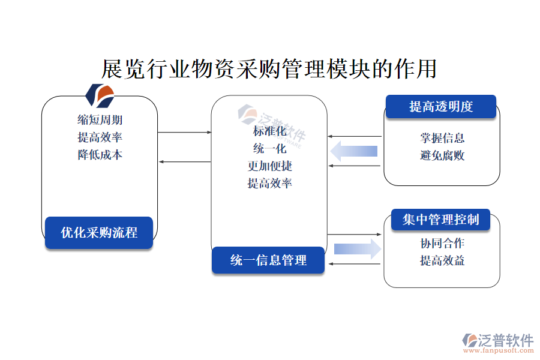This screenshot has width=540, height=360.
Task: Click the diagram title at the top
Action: (x=269, y=68)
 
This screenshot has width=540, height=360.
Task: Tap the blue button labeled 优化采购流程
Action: (x=99, y=233)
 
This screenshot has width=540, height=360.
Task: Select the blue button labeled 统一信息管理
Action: (x=268, y=260)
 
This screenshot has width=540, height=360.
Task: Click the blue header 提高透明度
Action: (x=441, y=106)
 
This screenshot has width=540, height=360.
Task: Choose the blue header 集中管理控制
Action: (x=440, y=220)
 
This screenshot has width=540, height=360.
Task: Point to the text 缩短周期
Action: (x=100, y=120)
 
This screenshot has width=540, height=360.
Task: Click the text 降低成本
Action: (x=100, y=155)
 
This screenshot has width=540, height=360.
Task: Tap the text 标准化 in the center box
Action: (x=269, y=131)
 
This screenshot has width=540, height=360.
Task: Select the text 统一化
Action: (x=269, y=148)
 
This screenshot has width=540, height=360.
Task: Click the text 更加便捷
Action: (x=269, y=166)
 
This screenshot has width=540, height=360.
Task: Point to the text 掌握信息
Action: (x=442, y=138)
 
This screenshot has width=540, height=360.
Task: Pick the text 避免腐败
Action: (x=442, y=155)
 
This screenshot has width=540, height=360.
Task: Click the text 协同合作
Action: (x=442, y=243)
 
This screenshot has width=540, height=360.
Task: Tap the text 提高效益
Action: (x=442, y=260)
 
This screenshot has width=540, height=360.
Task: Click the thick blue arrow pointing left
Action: (x=353, y=151)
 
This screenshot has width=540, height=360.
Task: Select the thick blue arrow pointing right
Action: (x=358, y=249)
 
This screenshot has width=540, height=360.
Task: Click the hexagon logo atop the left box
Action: (x=100, y=96)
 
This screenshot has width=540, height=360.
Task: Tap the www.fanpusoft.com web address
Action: (x=499, y=350)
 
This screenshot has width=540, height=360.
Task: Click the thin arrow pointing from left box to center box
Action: (x=184, y=132)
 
